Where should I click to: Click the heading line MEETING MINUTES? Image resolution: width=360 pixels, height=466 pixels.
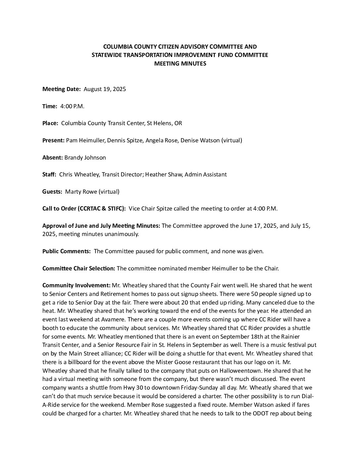pyautogui.click(x=180, y=64)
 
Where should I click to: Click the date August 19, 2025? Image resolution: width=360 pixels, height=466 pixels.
pyautogui.click(x=105, y=89)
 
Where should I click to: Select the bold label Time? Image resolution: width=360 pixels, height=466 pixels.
pyautogui.click(x=50, y=106)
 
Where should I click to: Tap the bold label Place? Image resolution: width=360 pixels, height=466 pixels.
pyautogui.click(x=50, y=123)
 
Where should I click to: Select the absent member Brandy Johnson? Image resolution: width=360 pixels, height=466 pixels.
pyautogui.click(x=85, y=158)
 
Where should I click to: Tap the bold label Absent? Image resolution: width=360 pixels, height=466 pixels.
pyautogui.click(x=52, y=158)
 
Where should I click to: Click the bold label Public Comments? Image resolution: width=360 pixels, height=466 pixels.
pyautogui.click(x=67, y=251)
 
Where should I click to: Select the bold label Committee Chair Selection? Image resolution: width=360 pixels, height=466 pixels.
pyautogui.click(x=79, y=268)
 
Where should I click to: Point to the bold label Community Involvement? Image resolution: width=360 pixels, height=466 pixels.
pyautogui.click(x=76, y=285)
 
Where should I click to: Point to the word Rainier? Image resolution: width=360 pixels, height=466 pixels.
pyautogui.click(x=291, y=337)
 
